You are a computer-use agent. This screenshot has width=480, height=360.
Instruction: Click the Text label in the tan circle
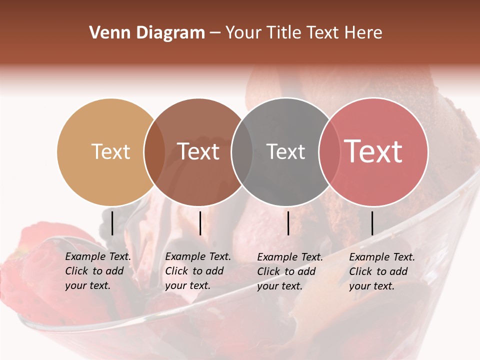pos(110,151)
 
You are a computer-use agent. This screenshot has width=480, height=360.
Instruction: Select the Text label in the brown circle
pos(198,151)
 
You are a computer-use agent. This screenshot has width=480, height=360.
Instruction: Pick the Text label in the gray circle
pos(285,151)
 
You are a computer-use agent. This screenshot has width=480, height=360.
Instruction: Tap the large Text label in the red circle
pos(373,151)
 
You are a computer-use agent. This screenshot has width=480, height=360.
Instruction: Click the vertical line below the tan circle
pos(112,223)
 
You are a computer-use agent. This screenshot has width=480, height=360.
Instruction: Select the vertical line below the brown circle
pos(200,223)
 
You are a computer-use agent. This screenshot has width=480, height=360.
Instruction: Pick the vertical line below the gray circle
pos(288,223)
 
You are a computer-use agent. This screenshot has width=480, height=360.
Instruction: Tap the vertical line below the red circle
pos(372,223)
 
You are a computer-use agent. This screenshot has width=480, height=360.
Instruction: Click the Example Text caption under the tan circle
pos(98,271)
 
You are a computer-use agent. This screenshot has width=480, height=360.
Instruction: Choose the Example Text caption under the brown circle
pos(198,271)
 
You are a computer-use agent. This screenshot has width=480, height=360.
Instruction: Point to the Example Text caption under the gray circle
pos(290,271)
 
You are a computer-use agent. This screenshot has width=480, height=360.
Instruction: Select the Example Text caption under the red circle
pos(382,271)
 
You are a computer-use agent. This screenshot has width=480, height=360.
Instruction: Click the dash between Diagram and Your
pos(215,33)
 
